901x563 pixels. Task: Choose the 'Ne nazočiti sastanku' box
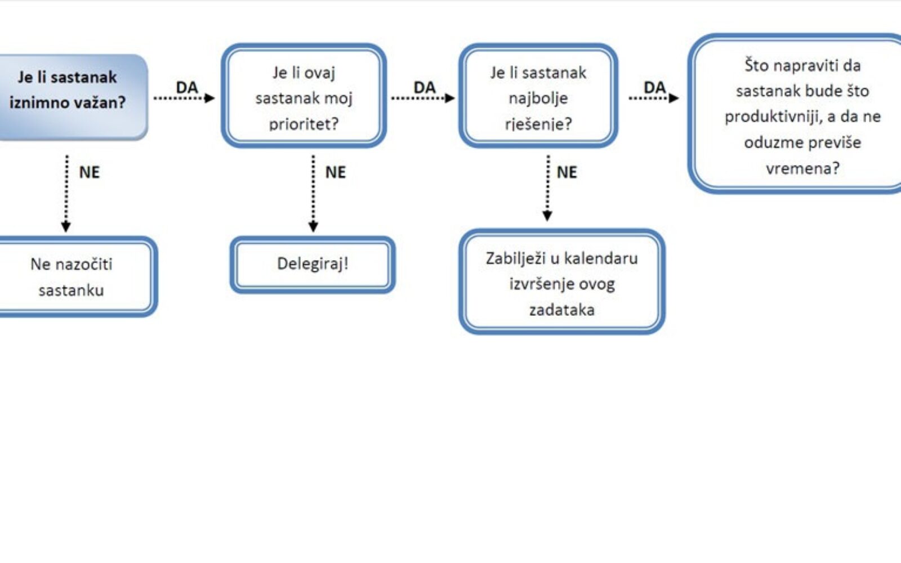73,276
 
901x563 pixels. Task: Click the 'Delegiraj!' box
313,264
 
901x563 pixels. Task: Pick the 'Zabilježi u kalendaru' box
562,281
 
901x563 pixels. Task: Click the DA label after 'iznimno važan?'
187,87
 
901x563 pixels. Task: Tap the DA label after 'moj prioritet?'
425,87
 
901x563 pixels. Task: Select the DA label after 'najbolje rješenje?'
654,87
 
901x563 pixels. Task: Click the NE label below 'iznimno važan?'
89,172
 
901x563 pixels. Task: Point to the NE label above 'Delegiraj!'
336,172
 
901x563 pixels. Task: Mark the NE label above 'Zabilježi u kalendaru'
567,172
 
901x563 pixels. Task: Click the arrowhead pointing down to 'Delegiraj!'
314,226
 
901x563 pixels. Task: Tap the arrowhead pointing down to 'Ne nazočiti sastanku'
66,226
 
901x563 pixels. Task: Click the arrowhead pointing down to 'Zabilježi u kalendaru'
547,216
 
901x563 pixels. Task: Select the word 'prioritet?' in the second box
304,123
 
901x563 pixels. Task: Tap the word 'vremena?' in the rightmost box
802,168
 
